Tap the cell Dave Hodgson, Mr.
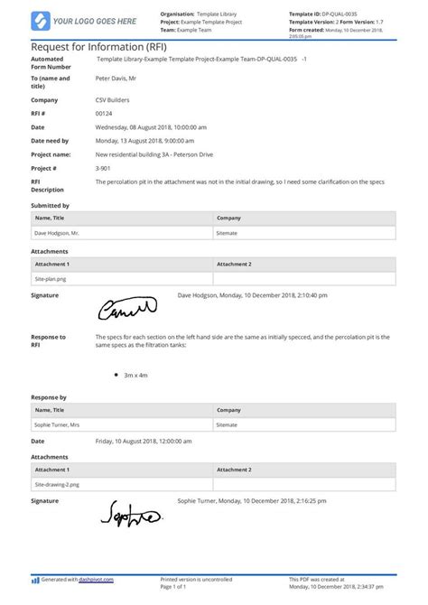pos(56,233)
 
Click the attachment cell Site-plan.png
pos(52,279)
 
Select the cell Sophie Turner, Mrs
pos(57,423)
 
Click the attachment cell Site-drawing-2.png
pos(58,484)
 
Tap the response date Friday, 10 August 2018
pos(142,442)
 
